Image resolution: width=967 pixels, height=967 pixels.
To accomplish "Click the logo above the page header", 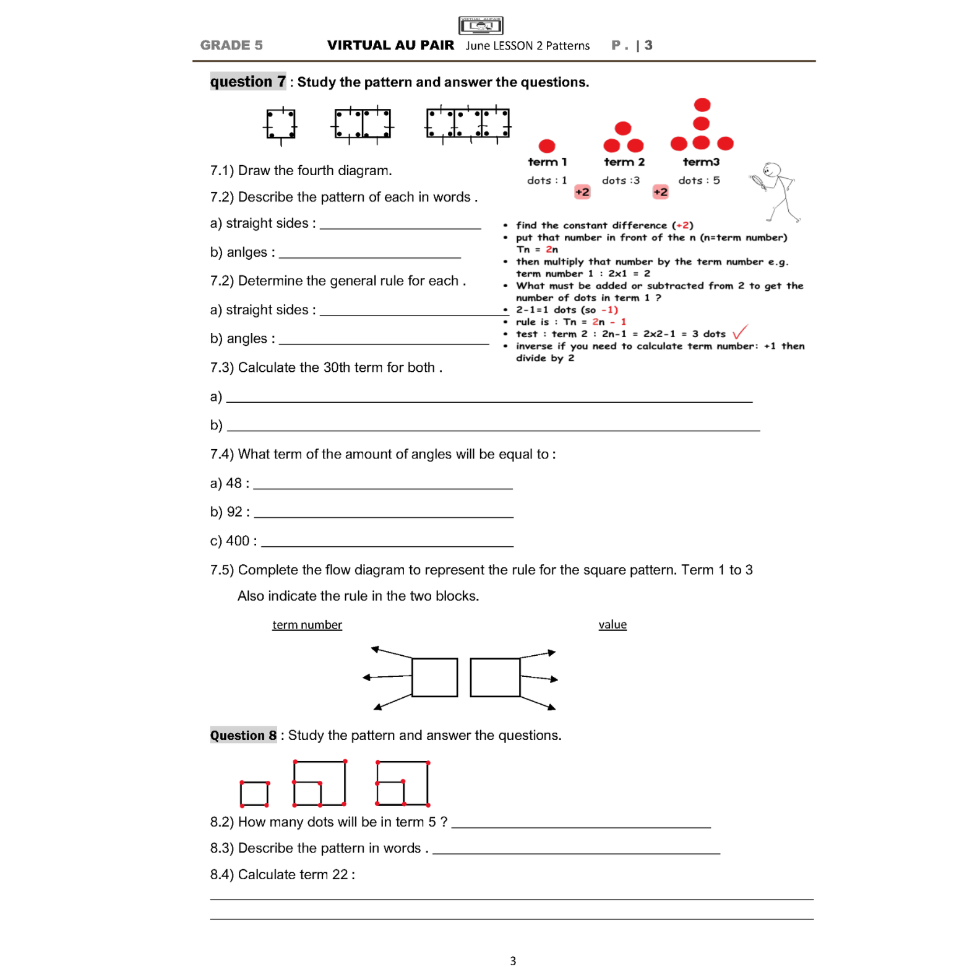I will click(481, 25).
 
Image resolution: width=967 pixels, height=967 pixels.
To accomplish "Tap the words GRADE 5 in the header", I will click(231, 45).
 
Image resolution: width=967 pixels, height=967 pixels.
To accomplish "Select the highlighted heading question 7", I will click(247, 82).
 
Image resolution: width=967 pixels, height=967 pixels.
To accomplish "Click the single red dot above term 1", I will click(547, 146).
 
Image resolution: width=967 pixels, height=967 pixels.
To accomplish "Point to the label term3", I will click(701, 162).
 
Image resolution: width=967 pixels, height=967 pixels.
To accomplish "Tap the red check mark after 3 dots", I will click(740, 332).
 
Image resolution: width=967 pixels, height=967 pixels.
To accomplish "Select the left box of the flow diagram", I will click(434, 677).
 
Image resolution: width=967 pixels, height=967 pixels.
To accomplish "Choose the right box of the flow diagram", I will click(495, 677).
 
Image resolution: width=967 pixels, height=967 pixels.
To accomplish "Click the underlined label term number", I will click(307, 625).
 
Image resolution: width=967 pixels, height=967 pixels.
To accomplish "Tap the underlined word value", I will click(612, 625).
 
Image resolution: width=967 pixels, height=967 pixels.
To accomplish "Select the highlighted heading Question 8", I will click(243, 735).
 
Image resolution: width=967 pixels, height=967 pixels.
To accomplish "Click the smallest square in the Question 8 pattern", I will click(254, 794).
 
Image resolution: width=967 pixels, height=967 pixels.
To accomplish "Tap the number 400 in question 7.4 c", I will click(238, 541).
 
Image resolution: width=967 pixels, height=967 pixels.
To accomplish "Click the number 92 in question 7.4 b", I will click(234, 512).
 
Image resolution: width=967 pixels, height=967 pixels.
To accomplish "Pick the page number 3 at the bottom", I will click(513, 961).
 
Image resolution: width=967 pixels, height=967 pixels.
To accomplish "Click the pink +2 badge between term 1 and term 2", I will click(582, 192).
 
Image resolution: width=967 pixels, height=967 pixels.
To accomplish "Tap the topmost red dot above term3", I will click(702, 105).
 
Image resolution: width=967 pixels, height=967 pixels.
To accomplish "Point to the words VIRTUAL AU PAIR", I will click(390, 45).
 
